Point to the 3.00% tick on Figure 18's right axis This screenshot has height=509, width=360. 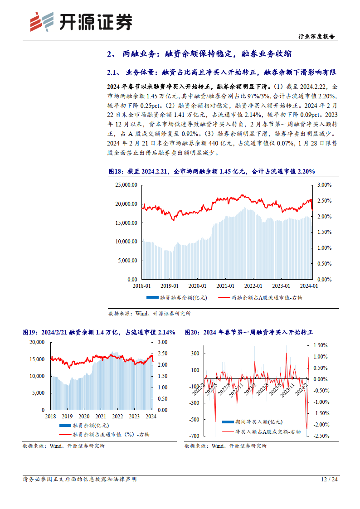click(x=324, y=185)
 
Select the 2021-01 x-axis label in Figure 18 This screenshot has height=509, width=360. click(x=225, y=286)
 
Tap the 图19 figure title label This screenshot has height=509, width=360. click(x=30, y=332)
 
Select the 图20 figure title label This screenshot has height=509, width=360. click(x=193, y=332)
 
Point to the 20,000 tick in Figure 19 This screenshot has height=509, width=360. click(x=36, y=342)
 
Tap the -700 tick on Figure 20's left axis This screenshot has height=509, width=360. click(x=194, y=436)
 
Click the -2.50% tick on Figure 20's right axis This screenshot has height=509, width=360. click(x=322, y=436)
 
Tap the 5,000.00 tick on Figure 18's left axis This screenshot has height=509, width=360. click(x=126, y=261)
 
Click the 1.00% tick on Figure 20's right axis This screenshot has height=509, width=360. click(x=321, y=356)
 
